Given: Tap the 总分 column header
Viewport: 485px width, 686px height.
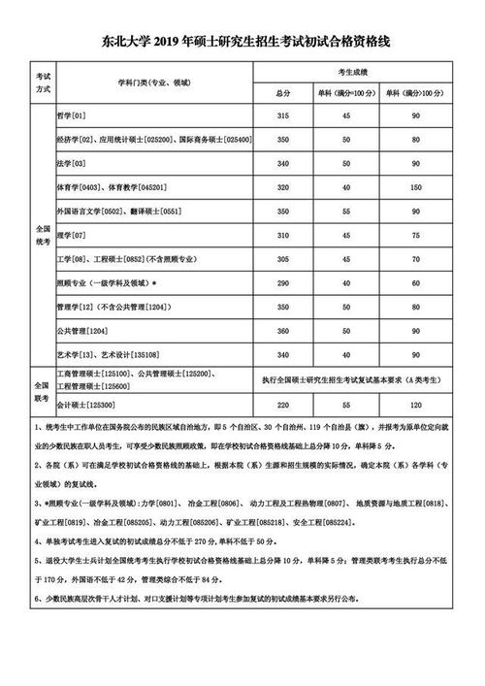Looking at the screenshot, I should tap(283, 92).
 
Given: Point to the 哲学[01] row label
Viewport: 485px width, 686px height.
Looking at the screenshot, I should tap(72, 116).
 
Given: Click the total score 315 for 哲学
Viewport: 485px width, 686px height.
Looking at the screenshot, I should tap(283, 116).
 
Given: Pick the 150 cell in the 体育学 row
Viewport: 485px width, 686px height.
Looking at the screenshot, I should tap(415, 186).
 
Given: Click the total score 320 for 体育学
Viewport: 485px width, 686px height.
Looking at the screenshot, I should tap(283, 186).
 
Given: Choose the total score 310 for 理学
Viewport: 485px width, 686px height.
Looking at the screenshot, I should tap(283, 236).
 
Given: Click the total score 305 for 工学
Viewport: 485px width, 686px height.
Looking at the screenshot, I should tap(283, 260).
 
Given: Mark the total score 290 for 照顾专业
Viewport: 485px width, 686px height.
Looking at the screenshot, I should tap(283, 283).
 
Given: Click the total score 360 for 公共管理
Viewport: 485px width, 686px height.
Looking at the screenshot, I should tap(283, 331).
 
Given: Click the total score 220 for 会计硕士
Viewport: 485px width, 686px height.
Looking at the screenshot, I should tap(283, 402).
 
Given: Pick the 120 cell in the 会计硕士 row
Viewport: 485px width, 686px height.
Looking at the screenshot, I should tap(415, 402).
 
